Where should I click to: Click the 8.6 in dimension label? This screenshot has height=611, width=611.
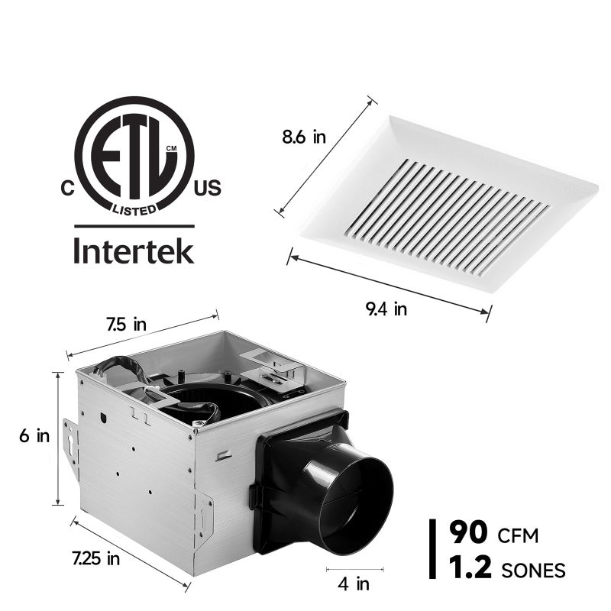pyautogui.click(x=304, y=137)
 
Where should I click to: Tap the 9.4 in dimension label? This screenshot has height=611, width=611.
pyautogui.click(x=385, y=309)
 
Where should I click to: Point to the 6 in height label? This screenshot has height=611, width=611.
pyautogui.click(x=34, y=437)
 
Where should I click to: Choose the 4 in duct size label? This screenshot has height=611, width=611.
pyautogui.click(x=354, y=584)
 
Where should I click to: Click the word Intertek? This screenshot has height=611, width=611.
pyautogui.click(x=134, y=251)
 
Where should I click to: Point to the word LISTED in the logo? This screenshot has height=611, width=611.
pyautogui.click(x=134, y=207)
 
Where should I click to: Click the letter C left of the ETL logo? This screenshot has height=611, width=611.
pyautogui.click(x=67, y=189)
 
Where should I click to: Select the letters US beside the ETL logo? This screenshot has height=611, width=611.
pyautogui.click(x=207, y=189)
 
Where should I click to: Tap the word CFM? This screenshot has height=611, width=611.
pyautogui.click(x=518, y=535)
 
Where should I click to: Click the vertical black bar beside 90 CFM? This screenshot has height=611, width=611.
pyautogui.click(x=434, y=550)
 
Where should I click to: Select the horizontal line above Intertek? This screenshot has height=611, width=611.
pyautogui.click(x=134, y=226)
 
